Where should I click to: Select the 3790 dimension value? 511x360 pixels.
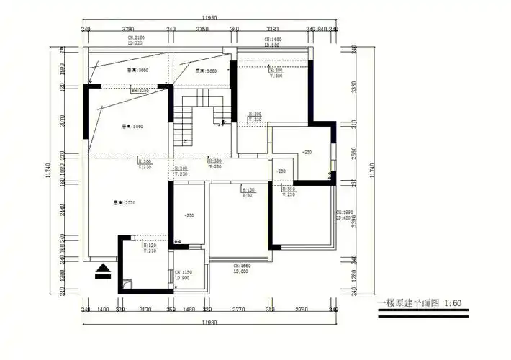[128, 30]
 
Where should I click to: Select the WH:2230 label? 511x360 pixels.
[140, 91]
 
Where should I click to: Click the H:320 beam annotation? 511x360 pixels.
[150, 246]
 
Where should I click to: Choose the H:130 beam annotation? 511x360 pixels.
[248, 189]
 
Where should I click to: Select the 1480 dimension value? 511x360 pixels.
[189, 309]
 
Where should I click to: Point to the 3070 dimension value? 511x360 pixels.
[63, 120]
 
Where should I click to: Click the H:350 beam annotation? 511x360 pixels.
[288, 189]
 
